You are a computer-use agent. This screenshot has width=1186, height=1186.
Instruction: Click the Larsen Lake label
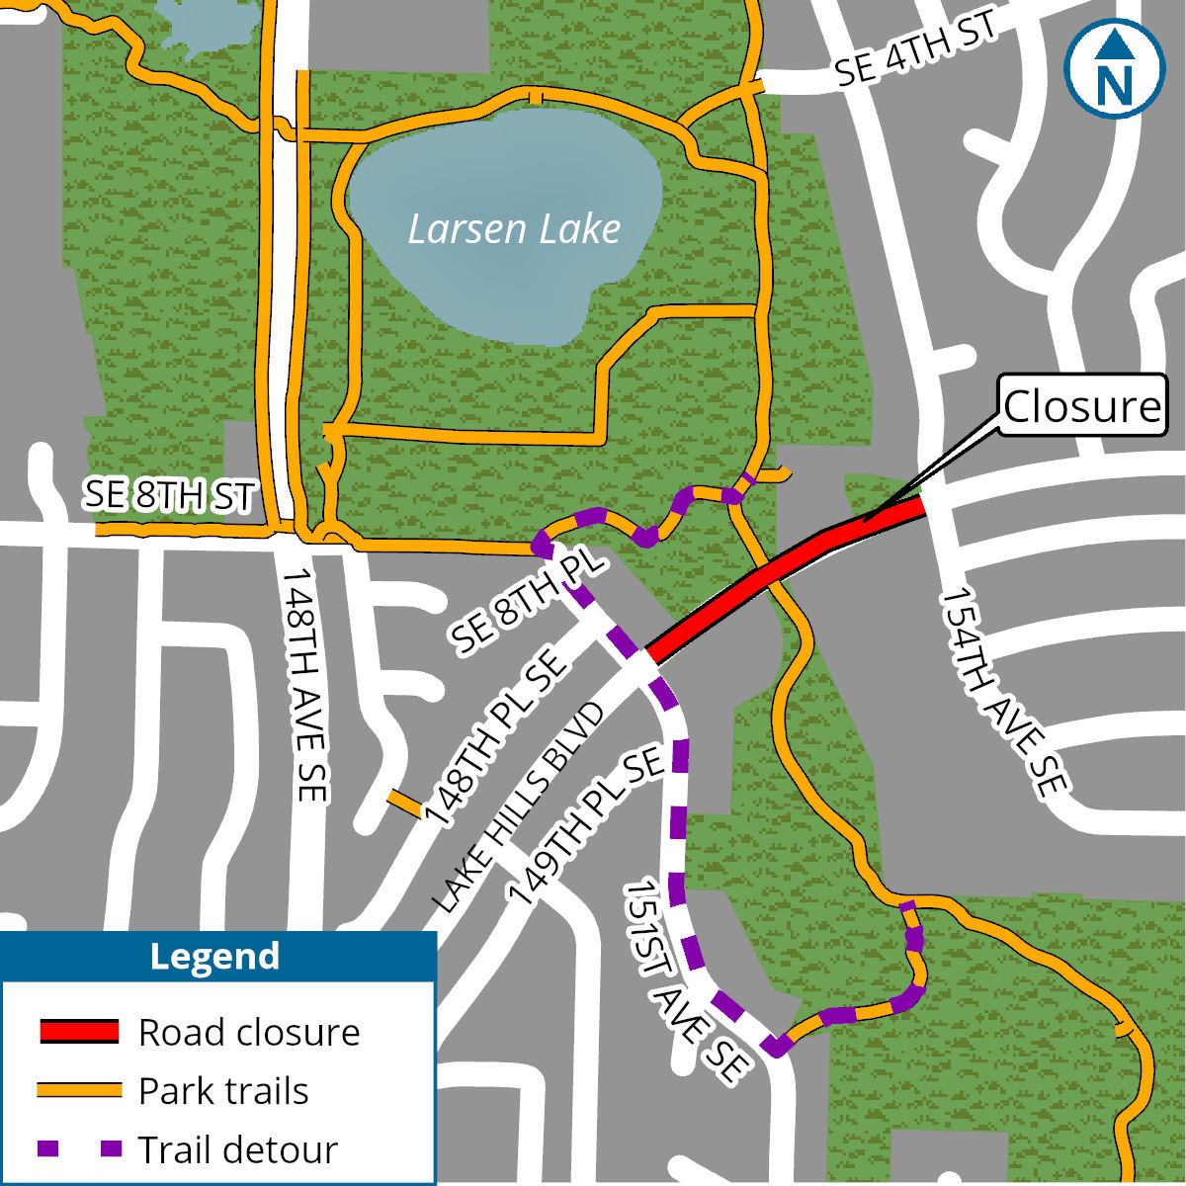click(514, 229)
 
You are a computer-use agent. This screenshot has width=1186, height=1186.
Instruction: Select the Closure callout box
click(1081, 405)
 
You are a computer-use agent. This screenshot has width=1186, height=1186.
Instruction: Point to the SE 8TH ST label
click(169, 495)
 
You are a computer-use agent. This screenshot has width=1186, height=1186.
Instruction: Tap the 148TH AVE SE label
click(305, 684)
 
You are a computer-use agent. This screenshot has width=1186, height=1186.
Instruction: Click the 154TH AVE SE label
click(1003, 692)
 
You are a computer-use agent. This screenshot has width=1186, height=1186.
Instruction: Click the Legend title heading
click(214, 956)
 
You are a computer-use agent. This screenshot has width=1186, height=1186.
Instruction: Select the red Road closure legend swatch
click(79, 1031)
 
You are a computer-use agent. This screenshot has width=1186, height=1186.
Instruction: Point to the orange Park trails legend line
click(79, 1090)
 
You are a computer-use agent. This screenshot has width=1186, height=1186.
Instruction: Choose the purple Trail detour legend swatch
click(79, 1149)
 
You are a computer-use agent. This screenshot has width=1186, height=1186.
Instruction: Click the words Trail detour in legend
click(237, 1149)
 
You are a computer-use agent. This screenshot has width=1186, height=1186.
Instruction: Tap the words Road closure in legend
click(249, 1032)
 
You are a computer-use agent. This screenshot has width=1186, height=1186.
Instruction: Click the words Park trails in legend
click(223, 1091)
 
